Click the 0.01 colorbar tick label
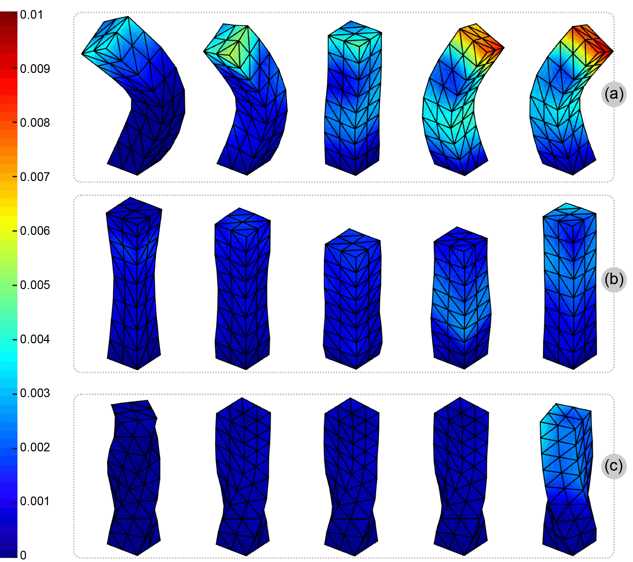[x=31, y=15]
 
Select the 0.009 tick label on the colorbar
[x=35, y=69]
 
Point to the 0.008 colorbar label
[x=35, y=123]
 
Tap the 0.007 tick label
[x=35, y=177]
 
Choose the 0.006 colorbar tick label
[x=35, y=231]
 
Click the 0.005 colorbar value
[x=35, y=285]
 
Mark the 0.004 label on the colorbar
[x=35, y=339]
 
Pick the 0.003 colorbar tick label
[x=35, y=393]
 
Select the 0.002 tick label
[x=35, y=447]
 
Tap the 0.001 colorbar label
[x=35, y=501]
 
